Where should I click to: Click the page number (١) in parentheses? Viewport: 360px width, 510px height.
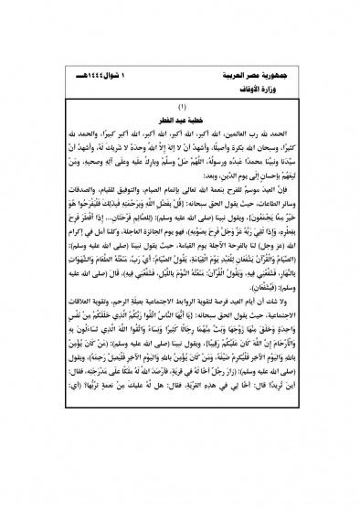pyautogui.click(x=180, y=107)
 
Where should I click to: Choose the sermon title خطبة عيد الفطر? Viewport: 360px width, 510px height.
pyautogui.click(x=180, y=118)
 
